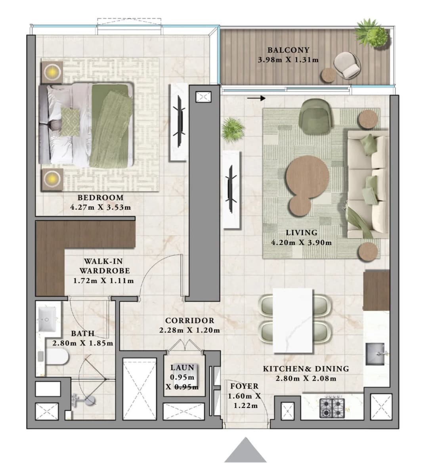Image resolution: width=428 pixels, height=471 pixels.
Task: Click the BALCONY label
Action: (289, 50)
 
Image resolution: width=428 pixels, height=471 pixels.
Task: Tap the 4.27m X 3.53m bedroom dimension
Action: (101, 207)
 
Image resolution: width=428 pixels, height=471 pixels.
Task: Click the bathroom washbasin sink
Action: (47, 318)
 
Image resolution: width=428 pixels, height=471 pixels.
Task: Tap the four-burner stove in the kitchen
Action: (332, 408)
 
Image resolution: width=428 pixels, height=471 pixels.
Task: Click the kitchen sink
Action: (375, 354)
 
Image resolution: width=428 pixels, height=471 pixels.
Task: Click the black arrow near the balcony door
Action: (256, 98)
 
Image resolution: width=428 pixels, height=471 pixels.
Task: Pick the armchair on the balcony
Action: (347, 65)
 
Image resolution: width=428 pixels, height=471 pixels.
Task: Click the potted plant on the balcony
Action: (372, 33)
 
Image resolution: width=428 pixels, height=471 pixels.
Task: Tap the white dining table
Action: (293, 321)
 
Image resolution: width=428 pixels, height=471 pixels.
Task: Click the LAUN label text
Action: (182, 368)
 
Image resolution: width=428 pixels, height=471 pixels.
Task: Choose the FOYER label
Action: (245, 386)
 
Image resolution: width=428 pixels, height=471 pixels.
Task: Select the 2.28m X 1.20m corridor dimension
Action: (189, 330)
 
